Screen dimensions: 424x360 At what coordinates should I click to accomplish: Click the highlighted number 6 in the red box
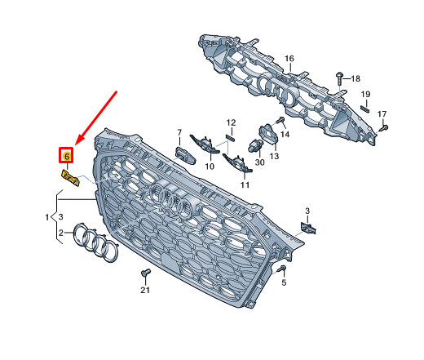pos(67,156)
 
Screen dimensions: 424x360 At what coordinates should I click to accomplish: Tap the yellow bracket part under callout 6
pos(70,178)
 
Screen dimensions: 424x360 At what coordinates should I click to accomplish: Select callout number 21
pos(145,290)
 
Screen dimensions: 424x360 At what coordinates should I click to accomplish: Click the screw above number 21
pos(146,273)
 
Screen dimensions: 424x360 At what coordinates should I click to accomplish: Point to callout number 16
pos(289,59)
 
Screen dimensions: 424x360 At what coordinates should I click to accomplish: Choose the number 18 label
pos(356,78)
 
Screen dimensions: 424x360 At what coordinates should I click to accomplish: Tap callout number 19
pos(365,94)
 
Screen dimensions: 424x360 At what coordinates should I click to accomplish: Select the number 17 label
pos(382,114)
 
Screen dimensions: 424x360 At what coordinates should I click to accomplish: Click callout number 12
pos(231,122)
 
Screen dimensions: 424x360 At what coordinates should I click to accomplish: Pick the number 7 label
pos(179,132)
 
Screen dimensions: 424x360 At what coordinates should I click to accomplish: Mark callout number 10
pos(210,167)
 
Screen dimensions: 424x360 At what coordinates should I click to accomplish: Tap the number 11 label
pos(245,184)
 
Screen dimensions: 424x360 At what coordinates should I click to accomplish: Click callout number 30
pos(259,162)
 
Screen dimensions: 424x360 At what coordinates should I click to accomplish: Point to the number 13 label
pos(274,156)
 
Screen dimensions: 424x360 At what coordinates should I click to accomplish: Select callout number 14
pos(285,134)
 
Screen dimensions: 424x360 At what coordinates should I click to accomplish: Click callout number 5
pos(284,282)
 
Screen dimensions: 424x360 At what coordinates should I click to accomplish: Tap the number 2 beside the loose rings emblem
pos(61,233)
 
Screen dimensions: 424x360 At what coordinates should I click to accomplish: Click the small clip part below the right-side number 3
pos(308,228)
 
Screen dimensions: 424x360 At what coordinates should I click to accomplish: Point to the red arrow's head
pos(74,144)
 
